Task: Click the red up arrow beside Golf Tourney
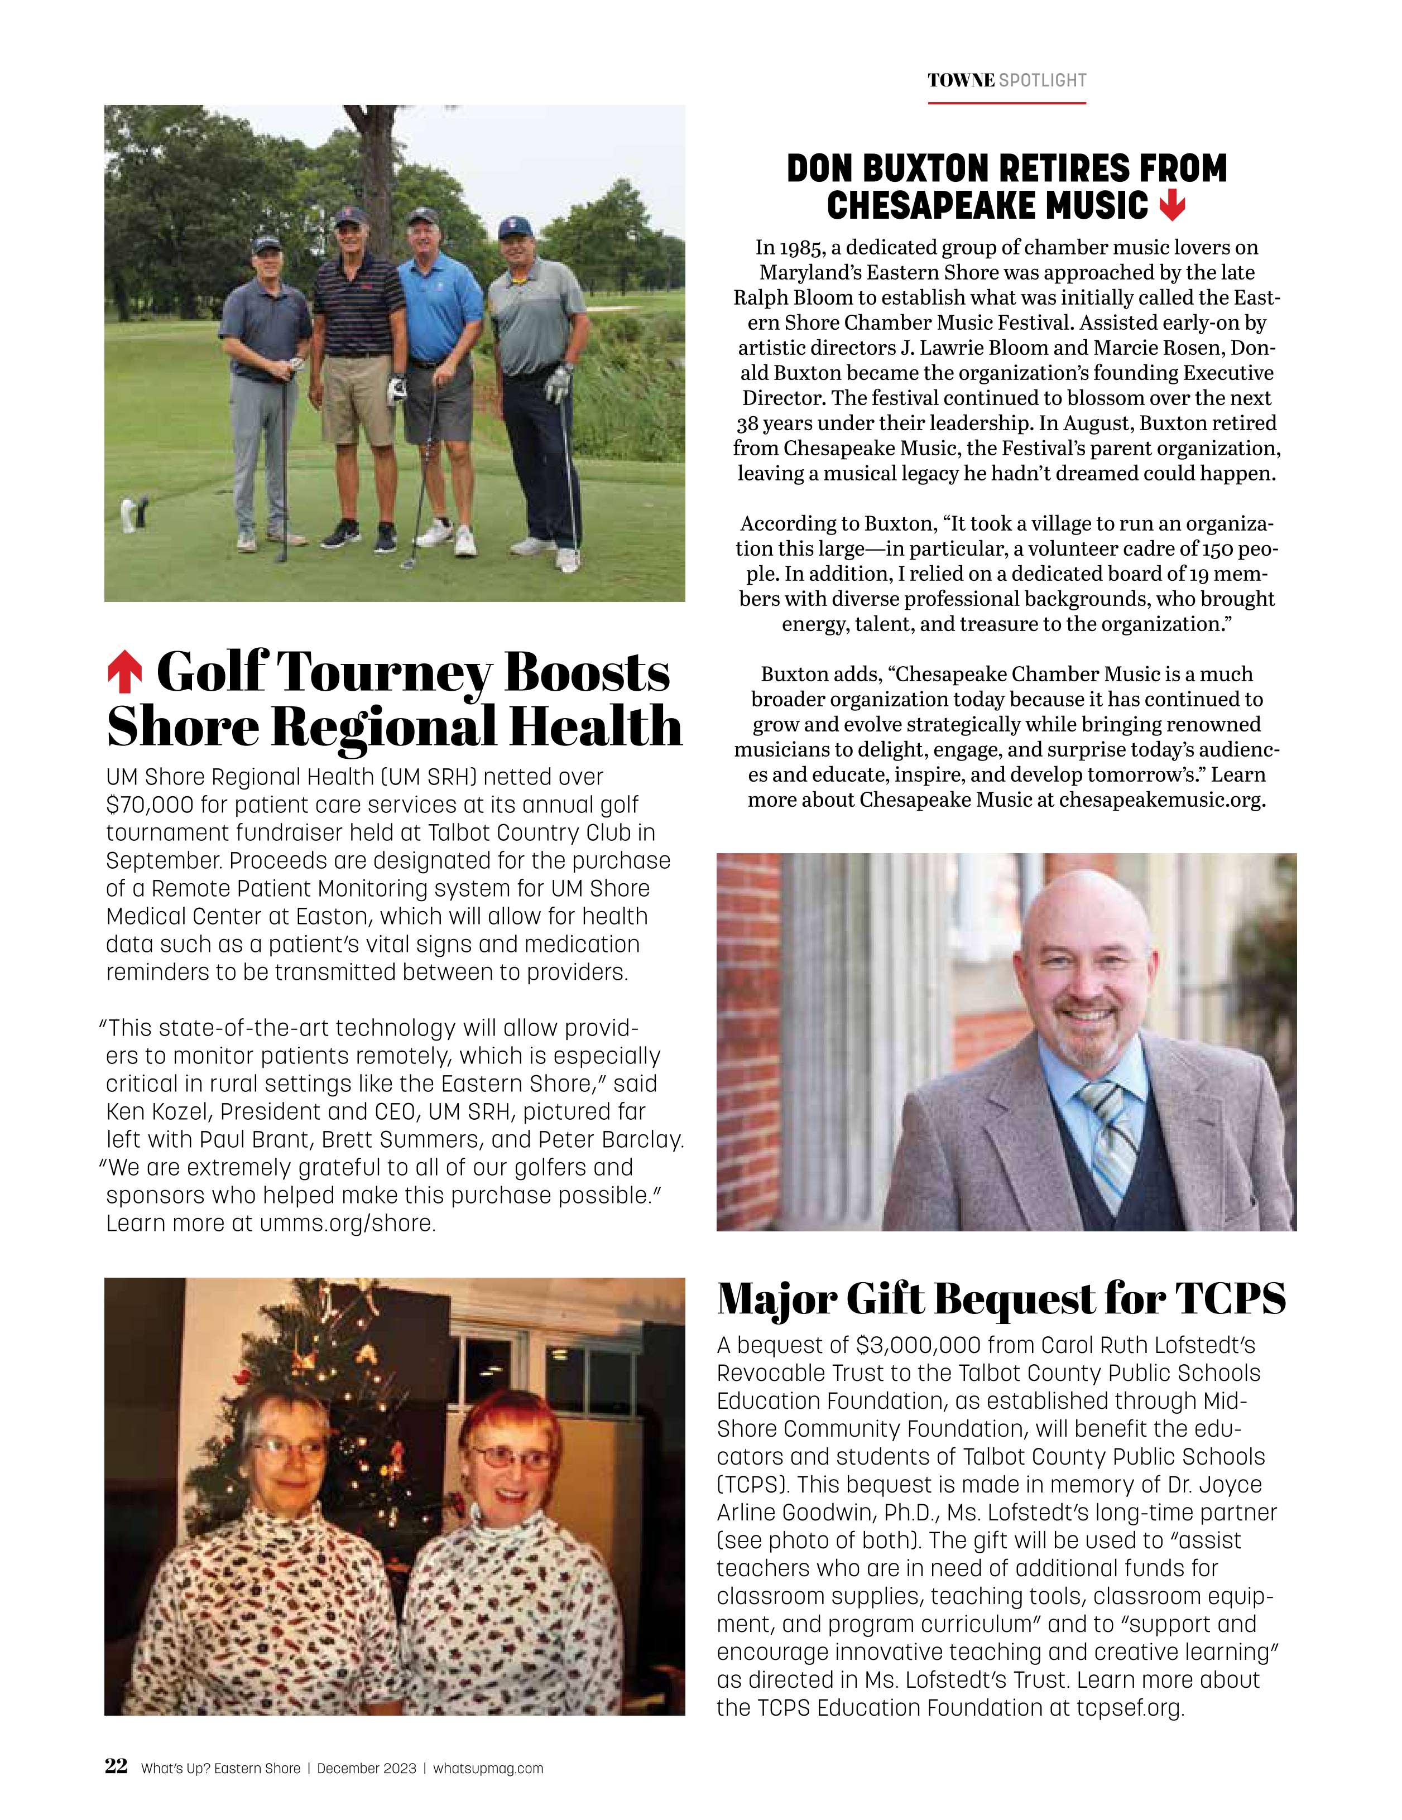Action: (124, 674)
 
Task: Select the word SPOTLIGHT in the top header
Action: (1043, 81)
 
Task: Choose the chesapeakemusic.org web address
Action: (1162, 800)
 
